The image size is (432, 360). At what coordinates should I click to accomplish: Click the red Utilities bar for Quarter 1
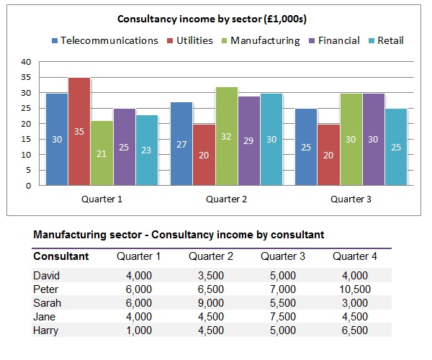[x=79, y=131]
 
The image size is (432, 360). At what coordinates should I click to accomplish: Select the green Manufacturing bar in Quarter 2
[x=227, y=136]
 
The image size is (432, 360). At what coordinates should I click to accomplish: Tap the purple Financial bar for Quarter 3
[x=374, y=140]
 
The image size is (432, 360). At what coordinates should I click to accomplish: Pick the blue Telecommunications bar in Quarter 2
[x=181, y=144]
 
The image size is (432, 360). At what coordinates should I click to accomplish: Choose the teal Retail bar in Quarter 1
[x=147, y=150]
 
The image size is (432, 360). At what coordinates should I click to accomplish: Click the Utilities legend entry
[x=190, y=40]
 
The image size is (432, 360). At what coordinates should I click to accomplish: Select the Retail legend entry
[x=386, y=40]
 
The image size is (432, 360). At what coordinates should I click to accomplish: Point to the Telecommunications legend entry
[x=105, y=40]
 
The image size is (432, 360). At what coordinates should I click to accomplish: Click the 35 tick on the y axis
[x=26, y=77]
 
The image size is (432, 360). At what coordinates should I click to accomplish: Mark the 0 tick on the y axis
[x=28, y=186]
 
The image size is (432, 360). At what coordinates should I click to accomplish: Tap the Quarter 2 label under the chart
[x=227, y=199]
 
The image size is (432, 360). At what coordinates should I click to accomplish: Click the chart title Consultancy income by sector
[x=212, y=19]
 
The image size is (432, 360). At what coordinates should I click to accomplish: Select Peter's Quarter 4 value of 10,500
[x=355, y=289]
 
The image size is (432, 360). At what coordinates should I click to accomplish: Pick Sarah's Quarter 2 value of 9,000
[x=211, y=303]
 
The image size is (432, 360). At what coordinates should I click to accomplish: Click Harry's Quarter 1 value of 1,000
[x=139, y=330]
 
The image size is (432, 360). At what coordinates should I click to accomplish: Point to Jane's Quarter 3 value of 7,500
[x=283, y=317]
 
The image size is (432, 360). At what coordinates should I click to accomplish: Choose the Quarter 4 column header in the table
[x=354, y=256]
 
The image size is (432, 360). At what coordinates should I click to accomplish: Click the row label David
[x=46, y=276]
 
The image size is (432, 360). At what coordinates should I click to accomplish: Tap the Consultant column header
[x=61, y=256]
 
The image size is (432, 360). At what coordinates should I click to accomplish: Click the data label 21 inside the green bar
[x=102, y=153]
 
